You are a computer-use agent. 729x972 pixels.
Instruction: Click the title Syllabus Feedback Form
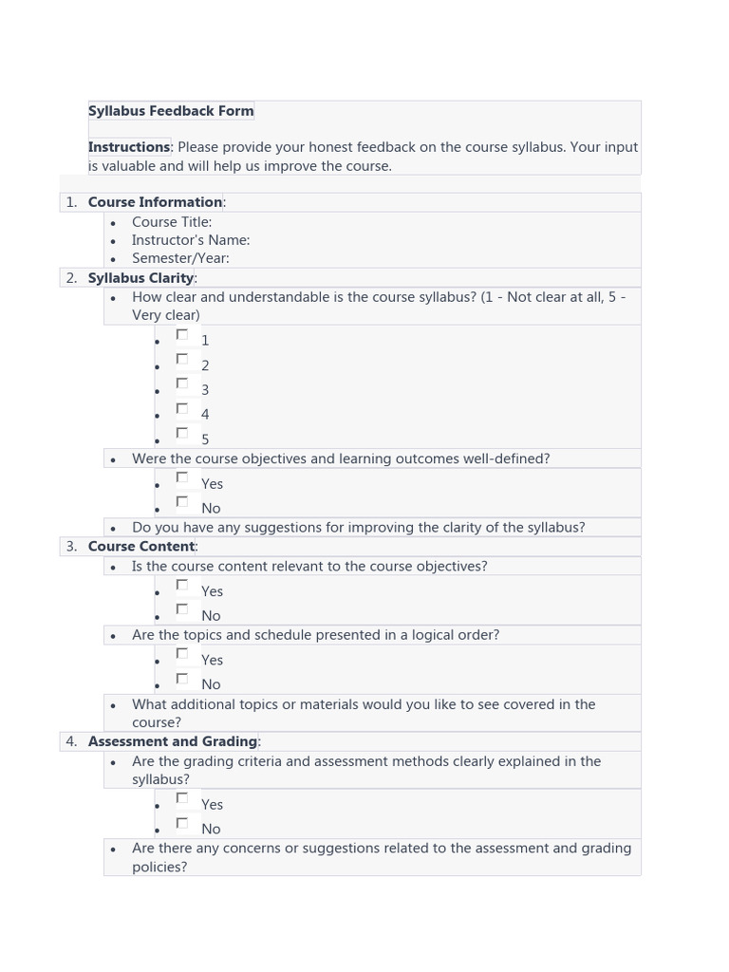tap(171, 111)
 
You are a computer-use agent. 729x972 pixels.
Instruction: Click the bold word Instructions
tap(129, 147)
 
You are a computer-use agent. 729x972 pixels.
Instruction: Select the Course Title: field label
tap(172, 222)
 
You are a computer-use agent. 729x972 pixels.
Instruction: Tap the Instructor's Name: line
tap(191, 240)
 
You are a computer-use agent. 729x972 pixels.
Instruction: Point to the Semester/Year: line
tap(180, 258)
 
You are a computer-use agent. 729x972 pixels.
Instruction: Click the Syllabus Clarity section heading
tap(140, 278)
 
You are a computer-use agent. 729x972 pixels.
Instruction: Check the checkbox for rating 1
tap(182, 335)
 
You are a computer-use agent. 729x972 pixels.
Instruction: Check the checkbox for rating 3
tap(182, 384)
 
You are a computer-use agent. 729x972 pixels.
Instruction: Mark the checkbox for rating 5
tap(182, 434)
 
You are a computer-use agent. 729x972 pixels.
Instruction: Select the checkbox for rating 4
tap(182, 409)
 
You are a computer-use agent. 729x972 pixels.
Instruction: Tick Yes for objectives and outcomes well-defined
tap(182, 478)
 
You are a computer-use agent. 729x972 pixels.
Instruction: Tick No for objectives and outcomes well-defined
tap(182, 503)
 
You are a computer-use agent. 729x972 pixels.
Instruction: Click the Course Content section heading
tap(141, 547)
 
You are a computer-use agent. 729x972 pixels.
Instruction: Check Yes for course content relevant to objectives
tap(182, 586)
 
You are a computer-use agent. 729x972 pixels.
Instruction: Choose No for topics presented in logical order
tap(182, 679)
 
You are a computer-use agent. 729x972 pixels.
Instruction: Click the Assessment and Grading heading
tap(173, 741)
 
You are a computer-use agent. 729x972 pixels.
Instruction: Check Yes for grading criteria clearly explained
tap(182, 799)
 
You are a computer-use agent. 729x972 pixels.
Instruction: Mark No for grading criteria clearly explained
tap(182, 824)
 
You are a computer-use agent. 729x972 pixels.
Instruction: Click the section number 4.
tap(71, 741)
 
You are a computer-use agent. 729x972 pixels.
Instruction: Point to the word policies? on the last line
tap(159, 867)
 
